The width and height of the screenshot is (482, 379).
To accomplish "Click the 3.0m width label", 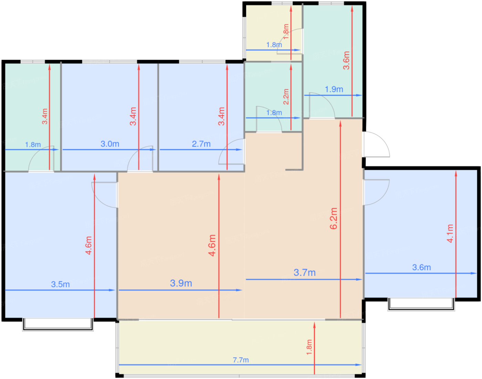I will pos(110,144).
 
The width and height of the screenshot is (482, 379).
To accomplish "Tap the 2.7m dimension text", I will pos(201,144).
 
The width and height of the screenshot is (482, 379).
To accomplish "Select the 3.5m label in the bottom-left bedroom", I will pos(60,285).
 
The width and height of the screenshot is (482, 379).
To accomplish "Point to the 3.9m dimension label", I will pos(181,283).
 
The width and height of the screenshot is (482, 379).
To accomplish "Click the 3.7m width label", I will pos(304,272).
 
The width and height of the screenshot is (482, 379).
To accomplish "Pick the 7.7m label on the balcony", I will pos(241,360).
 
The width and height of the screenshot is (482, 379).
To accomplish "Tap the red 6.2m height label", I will pos(334,218).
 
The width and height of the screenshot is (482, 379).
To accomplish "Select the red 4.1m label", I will pos(450,233).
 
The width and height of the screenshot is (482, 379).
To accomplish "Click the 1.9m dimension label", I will pos(334,89).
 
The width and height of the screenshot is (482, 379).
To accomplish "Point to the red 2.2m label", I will pos(286,97).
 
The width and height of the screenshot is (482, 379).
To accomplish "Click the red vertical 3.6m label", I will pos(346,60).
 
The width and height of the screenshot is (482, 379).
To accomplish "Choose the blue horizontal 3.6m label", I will pos(421,267).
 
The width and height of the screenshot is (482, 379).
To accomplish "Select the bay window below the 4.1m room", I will pos(421,304).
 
